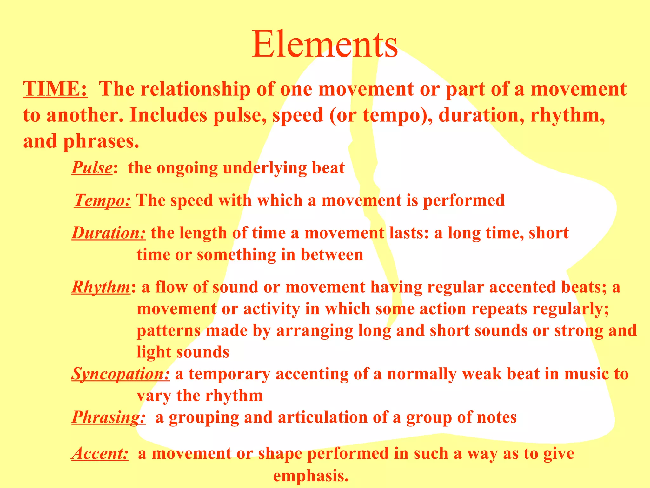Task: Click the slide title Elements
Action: (325, 44)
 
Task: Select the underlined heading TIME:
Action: (55, 89)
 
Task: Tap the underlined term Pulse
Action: (92, 168)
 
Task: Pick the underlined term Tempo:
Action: (103, 200)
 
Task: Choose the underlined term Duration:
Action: (109, 233)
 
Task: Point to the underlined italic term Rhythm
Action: (101, 287)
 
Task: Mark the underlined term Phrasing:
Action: (109, 417)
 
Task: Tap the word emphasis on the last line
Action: (310, 476)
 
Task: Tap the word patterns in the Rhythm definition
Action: (169, 331)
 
